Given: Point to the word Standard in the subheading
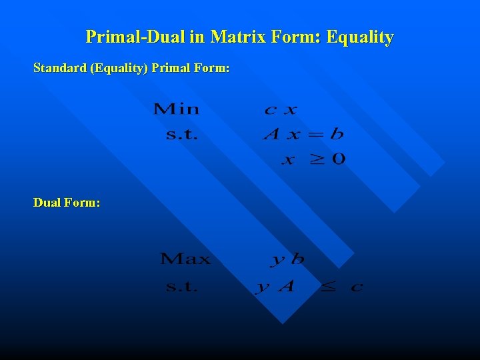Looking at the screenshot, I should point(59,69).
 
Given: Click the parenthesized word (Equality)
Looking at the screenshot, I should point(119,69).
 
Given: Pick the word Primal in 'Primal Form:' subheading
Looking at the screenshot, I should point(171,69).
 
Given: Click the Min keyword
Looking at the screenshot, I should point(176,109).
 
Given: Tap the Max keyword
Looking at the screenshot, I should point(185,259).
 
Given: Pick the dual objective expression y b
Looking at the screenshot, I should point(287,259).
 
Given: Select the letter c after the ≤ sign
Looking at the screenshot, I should point(357,287).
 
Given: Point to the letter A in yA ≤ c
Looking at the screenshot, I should point(285,286).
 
